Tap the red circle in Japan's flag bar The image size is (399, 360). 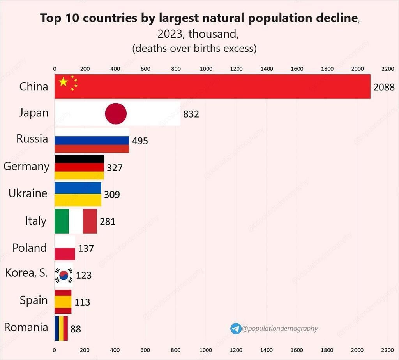116,114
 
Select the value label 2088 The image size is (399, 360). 384,87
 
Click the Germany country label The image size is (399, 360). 26,167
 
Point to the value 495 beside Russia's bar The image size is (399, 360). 140,141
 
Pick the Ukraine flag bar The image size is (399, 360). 78,194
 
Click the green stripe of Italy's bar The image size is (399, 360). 62,221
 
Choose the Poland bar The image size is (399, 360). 65,248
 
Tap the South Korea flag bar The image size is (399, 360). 64,275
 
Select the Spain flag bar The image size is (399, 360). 63,302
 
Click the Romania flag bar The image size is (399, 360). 61,328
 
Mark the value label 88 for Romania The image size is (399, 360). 76,329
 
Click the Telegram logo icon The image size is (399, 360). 236,328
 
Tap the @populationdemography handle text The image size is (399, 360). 280,328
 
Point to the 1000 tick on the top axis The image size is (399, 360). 206,69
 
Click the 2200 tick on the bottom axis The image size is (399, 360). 387,350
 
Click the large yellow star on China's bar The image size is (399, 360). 63,82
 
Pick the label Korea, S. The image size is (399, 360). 26,273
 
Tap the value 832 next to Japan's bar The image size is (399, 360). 191,114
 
